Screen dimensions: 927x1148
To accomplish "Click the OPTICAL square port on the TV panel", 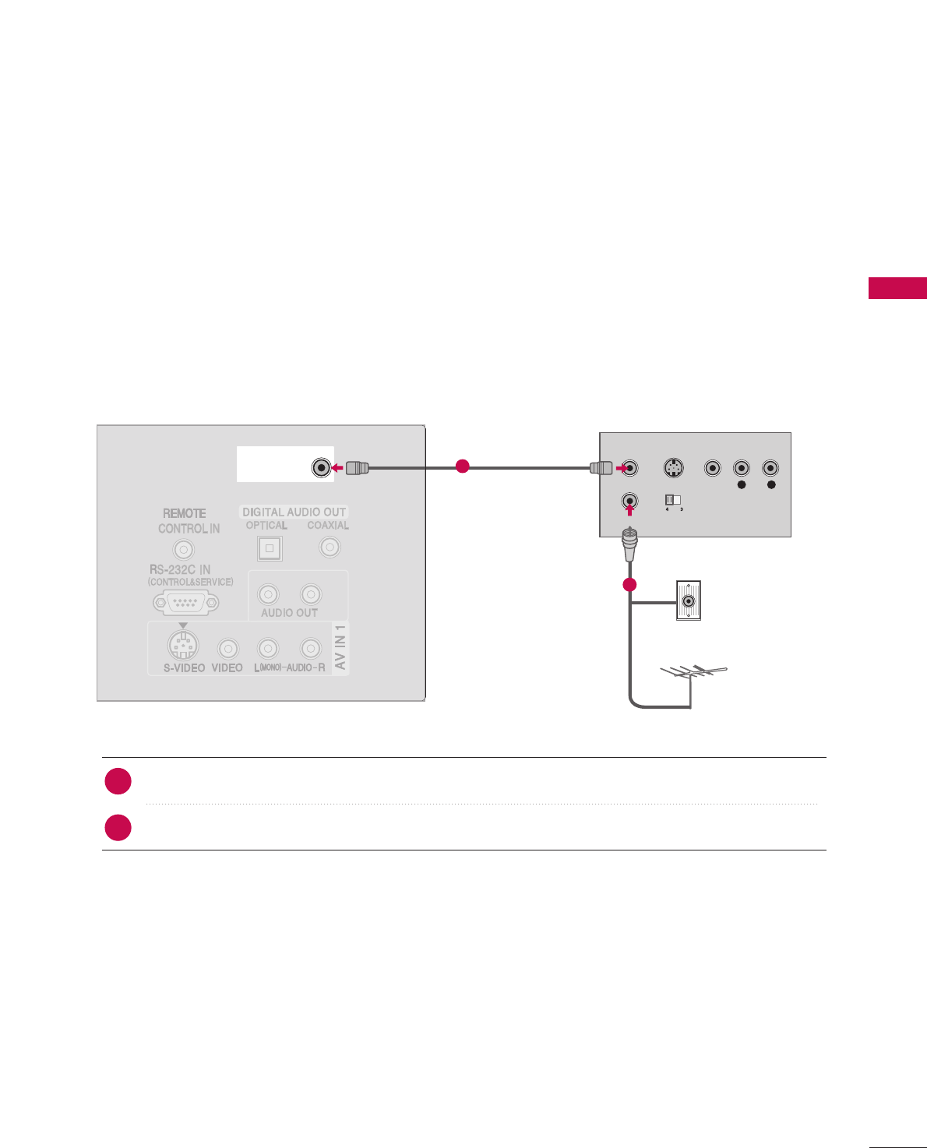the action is pos(270,548).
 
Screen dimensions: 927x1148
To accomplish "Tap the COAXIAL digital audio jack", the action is pos(330,547).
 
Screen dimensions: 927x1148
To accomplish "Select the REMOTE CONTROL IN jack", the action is pos(183,550).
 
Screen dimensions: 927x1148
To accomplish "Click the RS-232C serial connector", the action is pos(186,602).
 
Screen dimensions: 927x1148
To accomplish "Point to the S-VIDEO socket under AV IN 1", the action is pos(183,646).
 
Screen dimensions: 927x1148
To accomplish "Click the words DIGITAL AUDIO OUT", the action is pos(294,512).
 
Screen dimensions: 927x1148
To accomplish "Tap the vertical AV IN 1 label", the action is pos(340,647).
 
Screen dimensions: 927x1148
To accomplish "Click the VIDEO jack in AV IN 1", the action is pos(227,648).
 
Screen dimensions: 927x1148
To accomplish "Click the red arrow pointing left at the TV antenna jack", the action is pos(337,468).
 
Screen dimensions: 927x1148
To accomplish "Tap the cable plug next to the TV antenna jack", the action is pos(357,468).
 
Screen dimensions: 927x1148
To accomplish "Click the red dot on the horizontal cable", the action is pos(462,467).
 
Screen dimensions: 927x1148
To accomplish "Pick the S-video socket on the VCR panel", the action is pos(674,468).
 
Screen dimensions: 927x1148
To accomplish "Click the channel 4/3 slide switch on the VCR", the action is pos(673,500).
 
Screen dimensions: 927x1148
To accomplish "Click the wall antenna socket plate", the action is pos(689,600).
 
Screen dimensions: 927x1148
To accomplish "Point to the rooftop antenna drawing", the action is pos(692,674).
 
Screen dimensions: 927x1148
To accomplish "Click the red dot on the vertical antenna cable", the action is pos(629,584).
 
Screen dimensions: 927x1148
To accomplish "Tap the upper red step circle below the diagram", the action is pos(118,781).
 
